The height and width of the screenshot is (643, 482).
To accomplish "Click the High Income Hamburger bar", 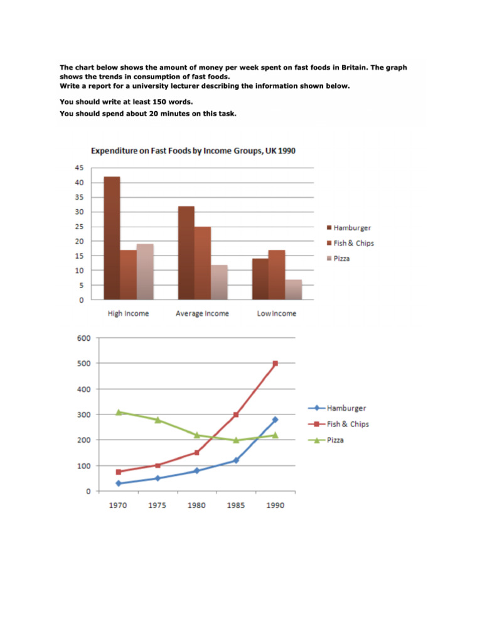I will [x=112, y=239].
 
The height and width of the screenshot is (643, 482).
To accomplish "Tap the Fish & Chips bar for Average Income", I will [x=203, y=263].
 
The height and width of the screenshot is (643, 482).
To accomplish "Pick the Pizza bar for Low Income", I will [x=294, y=289].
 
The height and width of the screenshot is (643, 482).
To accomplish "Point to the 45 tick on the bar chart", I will [x=80, y=168].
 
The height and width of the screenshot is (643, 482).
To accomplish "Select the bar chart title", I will [x=193, y=151].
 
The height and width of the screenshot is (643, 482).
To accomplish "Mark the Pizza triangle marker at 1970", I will [x=118, y=412].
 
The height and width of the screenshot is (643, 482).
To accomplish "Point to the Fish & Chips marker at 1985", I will [x=236, y=414].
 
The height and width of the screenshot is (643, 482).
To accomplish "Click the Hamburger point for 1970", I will [x=118, y=484].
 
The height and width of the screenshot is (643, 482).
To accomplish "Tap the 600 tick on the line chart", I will [x=84, y=338].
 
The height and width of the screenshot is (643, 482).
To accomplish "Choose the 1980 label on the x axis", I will [x=196, y=505].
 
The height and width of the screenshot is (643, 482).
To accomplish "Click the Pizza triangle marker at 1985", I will [x=236, y=440].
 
